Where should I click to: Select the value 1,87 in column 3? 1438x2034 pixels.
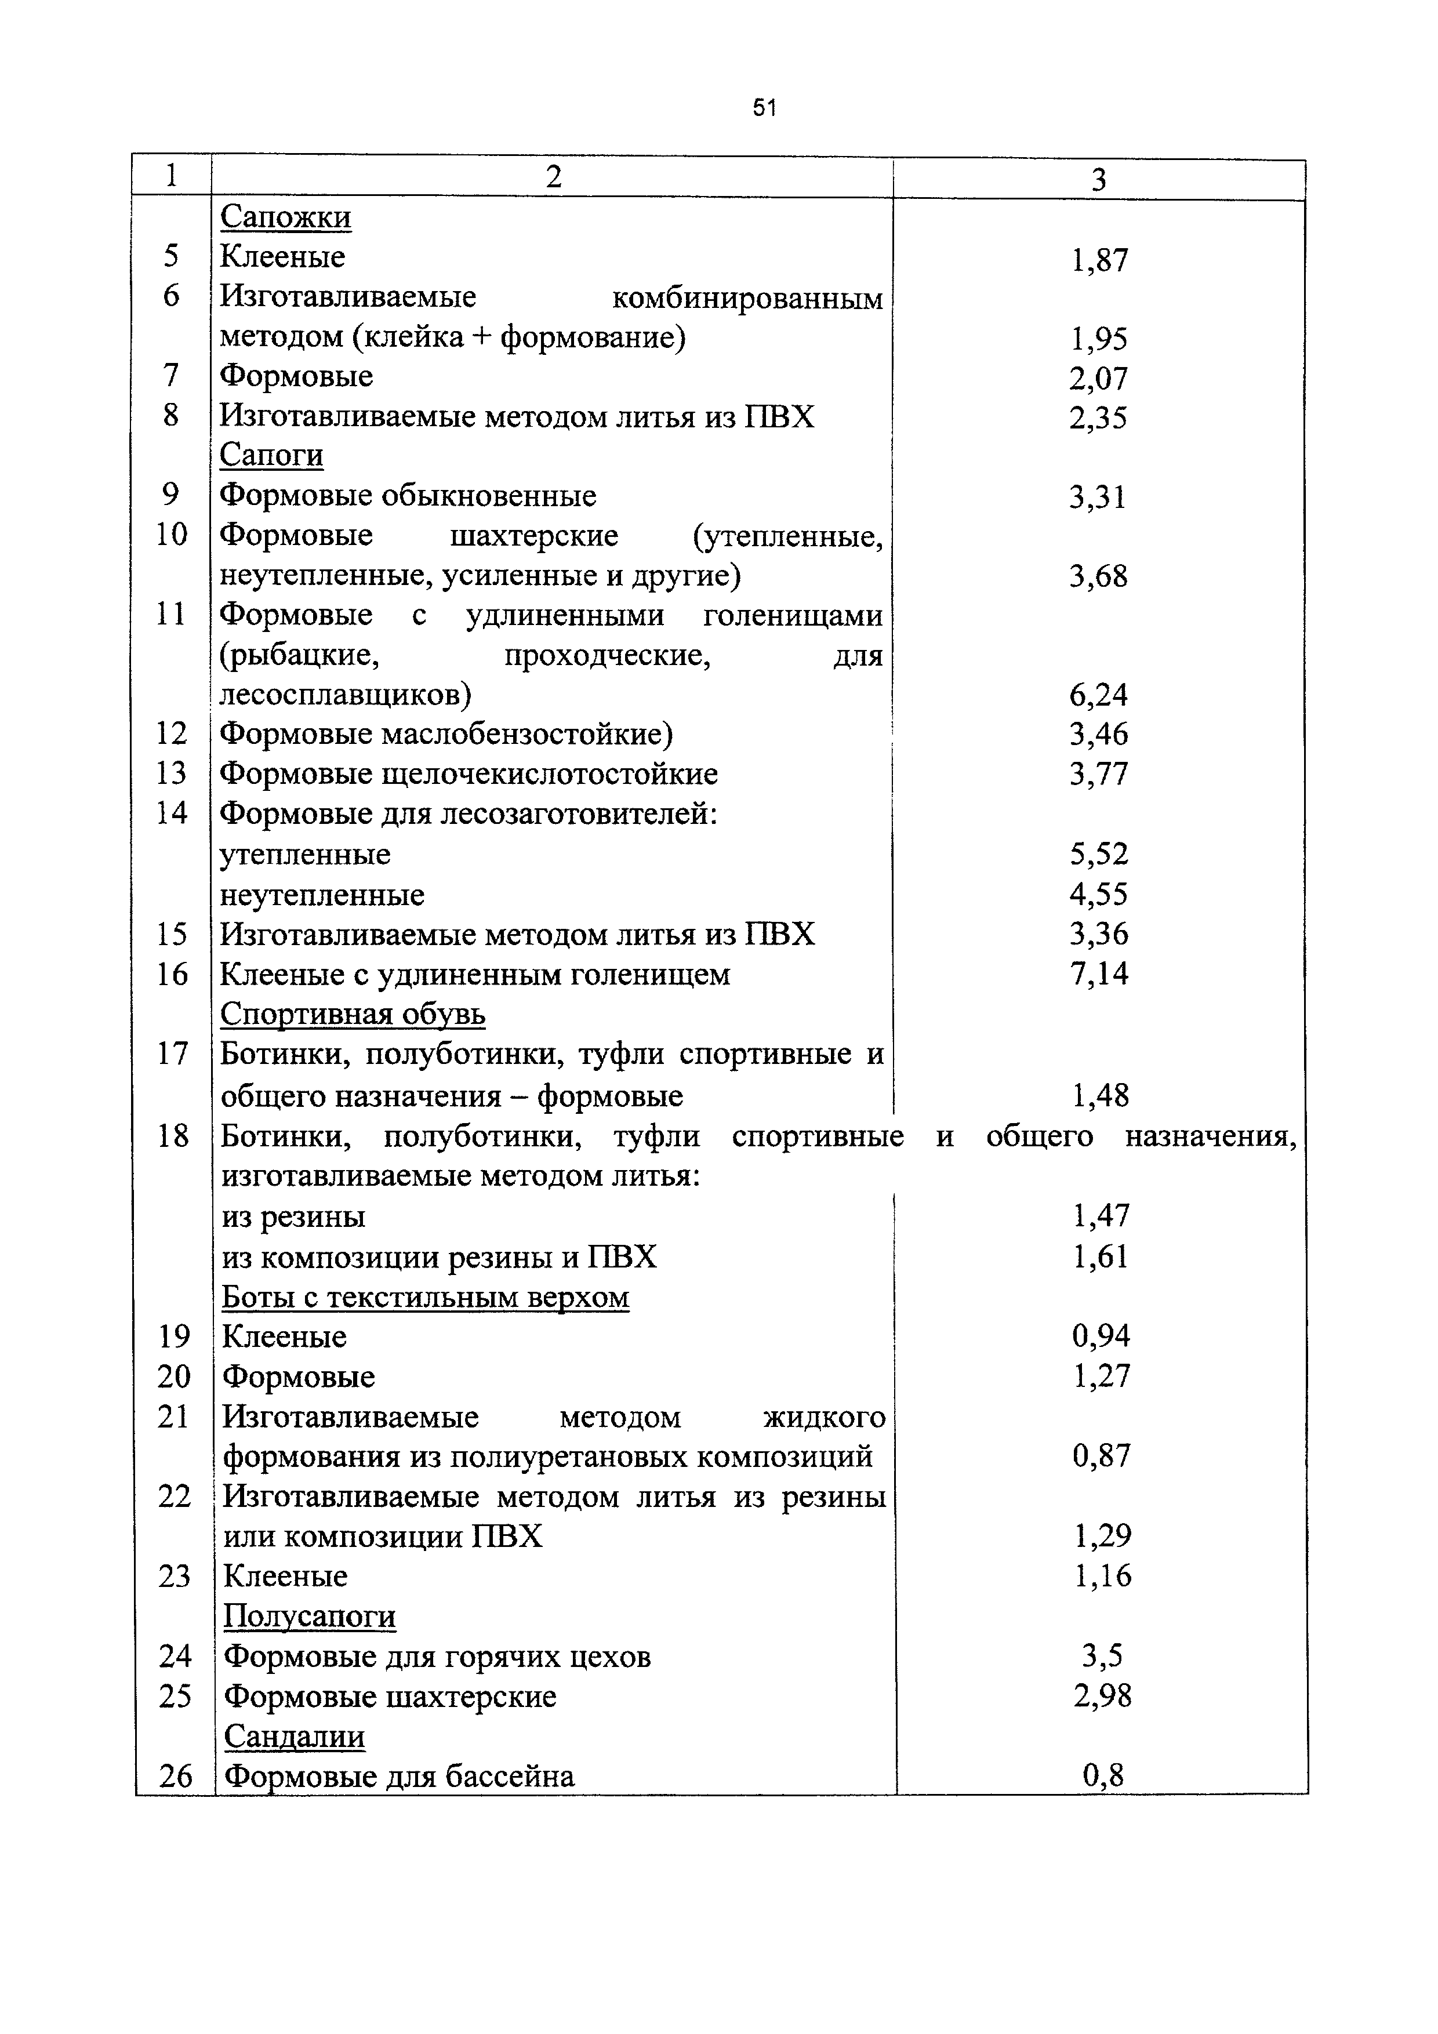tap(1099, 260)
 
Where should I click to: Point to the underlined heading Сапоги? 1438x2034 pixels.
tap(271, 455)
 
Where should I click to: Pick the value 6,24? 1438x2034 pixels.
tap(1099, 695)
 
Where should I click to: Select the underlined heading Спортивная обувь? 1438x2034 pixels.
tap(353, 1014)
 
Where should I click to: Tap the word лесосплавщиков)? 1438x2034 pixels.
tap(346, 695)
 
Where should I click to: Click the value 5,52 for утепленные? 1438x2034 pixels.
tap(1099, 854)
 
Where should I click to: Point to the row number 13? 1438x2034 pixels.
tap(171, 774)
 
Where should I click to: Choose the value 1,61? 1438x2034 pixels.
tap(1101, 1257)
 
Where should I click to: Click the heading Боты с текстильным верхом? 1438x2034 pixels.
tap(425, 1298)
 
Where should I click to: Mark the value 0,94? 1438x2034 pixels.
tap(1101, 1336)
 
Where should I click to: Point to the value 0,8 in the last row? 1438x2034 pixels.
tap(1102, 1775)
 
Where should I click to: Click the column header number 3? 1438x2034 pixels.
tap(1099, 181)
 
